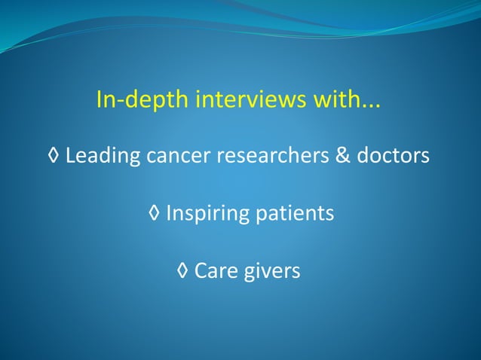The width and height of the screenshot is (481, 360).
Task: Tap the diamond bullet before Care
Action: (x=183, y=270)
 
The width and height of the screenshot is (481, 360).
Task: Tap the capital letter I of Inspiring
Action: (x=168, y=213)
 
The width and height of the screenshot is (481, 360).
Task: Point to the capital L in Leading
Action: (x=70, y=156)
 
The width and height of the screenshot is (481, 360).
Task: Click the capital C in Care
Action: (x=201, y=270)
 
